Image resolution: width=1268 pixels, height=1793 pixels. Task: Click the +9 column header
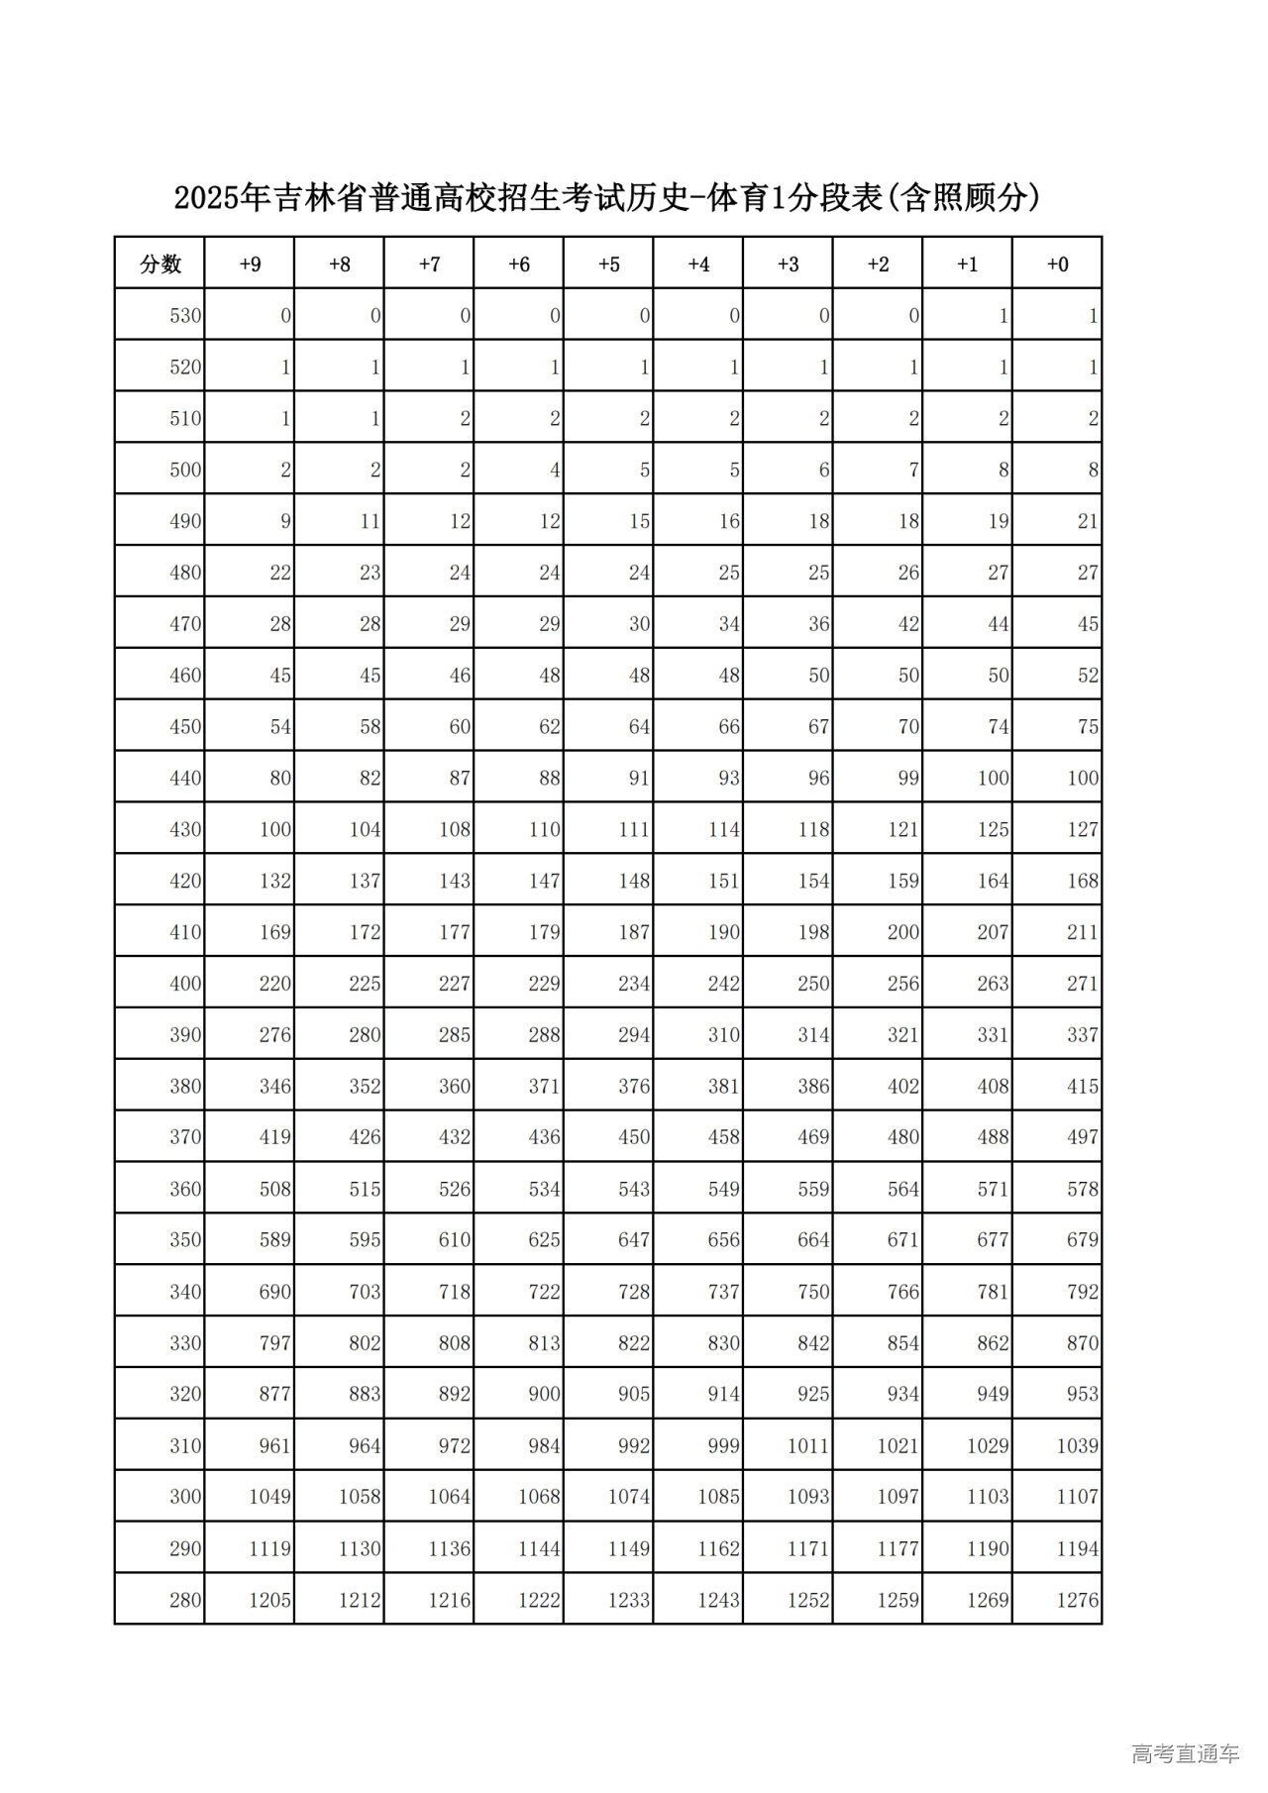point(250,264)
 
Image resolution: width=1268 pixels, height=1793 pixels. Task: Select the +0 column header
point(1057,264)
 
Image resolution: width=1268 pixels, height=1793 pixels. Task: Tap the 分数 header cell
point(160,264)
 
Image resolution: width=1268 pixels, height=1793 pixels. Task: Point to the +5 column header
point(608,264)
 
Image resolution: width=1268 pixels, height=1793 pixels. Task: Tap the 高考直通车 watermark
point(1185,1754)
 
